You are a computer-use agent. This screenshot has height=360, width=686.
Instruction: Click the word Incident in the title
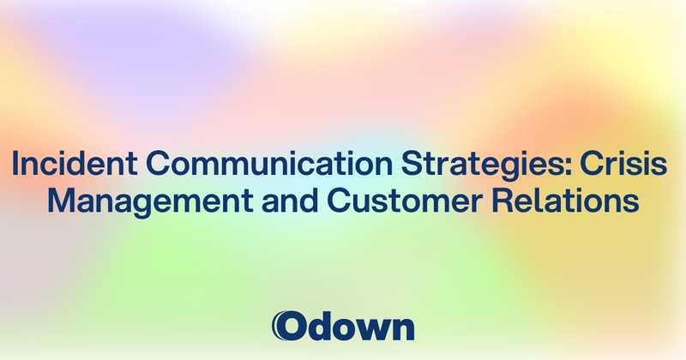[x=61, y=165]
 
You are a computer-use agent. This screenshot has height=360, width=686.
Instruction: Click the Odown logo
[x=342, y=326]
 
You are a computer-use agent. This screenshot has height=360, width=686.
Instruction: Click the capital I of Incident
[x=16, y=165]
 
